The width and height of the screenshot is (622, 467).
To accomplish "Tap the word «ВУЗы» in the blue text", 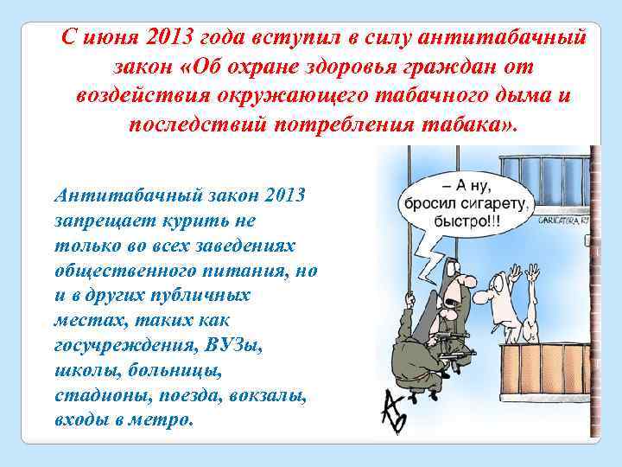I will (x=233, y=343).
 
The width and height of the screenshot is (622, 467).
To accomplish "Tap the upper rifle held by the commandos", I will (x=444, y=331).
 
